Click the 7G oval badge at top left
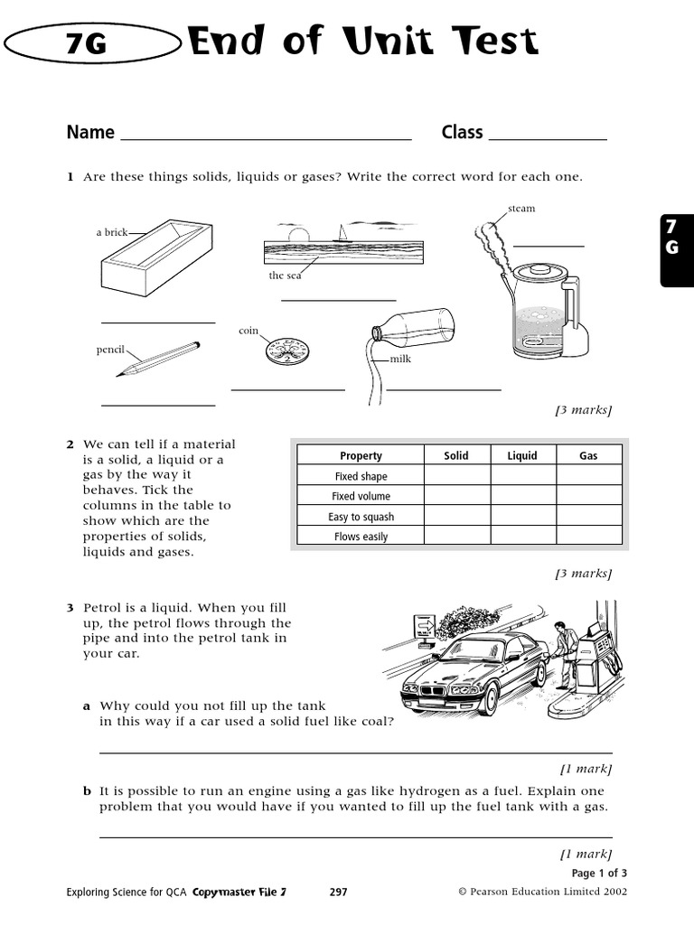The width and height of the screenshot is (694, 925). click(x=90, y=43)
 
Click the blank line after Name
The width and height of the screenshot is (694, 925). click(x=266, y=138)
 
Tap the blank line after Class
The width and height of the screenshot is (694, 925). click(x=547, y=138)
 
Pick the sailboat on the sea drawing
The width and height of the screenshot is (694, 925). click(x=342, y=233)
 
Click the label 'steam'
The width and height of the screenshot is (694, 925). click(x=521, y=209)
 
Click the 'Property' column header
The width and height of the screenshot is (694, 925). click(x=361, y=455)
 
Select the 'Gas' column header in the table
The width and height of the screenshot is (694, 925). click(x=588, y=455)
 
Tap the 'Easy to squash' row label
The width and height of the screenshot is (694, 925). click(x=361, y=517)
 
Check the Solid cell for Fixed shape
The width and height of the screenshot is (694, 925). click(x=456, y=476)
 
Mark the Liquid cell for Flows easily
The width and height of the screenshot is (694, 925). click(x=522, y=537)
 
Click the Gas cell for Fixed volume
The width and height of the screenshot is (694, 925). click(x=588, y=496)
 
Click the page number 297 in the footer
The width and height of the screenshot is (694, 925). click(x=338, y=892)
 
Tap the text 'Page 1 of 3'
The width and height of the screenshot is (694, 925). click(x=599, y=873)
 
